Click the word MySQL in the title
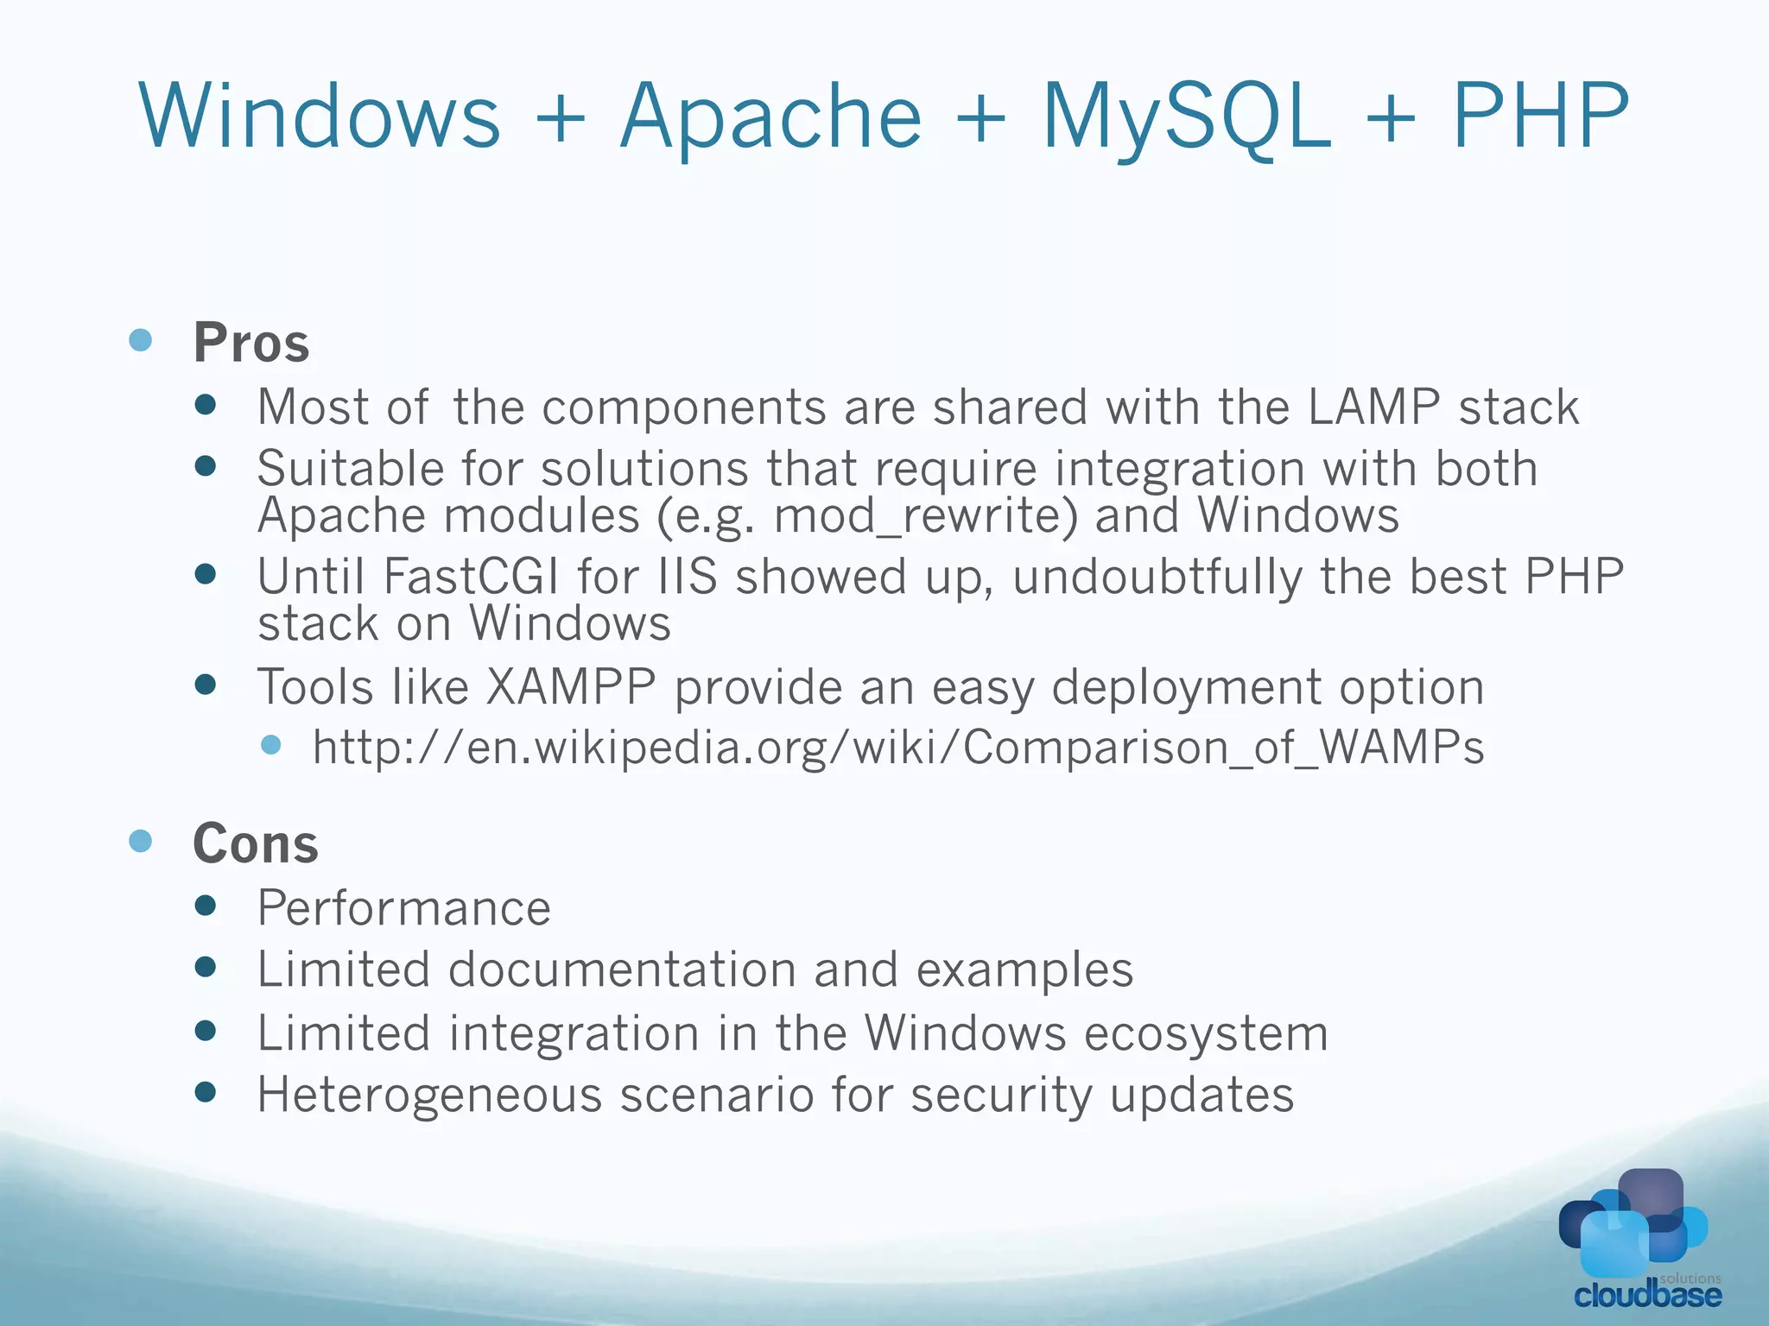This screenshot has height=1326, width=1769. pyautogui.click(x=1187, y=117)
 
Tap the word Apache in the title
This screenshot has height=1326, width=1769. pyautogui.click(x=771, y=117)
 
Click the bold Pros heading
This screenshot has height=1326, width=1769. pyautogui.click(x=251, y=343)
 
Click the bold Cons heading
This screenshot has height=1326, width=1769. pyautogui.click(x=256, y=843)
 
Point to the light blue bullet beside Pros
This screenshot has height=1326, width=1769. pyautogui.click(x=140, y=339)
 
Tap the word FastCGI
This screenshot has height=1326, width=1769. pyautogui.click(x=471, y=576)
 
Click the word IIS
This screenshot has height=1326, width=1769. pyautogui.click(x=688, y=576)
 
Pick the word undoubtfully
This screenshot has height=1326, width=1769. pyautogui.click(x=1157, y=578)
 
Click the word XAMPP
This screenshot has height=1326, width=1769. pyautogui.click(x=570, y=687)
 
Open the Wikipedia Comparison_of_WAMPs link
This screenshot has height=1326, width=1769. pyautogui.click(x=898, y=747)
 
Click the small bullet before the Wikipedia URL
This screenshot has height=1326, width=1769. pyautogui.click(x=271, y=744)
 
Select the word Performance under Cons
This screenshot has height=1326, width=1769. pyautogui.click(x=404, y=908)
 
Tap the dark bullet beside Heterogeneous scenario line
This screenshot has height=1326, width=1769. pyautogui.click(x=206, y=1093)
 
